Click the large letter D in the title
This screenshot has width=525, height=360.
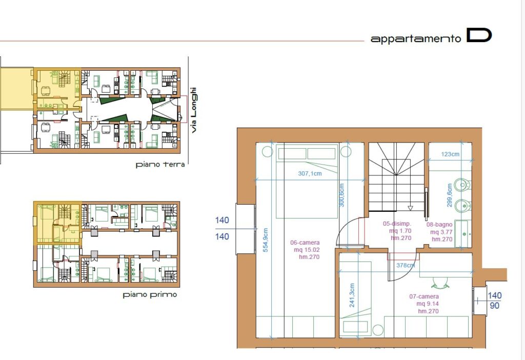[479, 35]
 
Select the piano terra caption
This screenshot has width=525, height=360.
[160, 165]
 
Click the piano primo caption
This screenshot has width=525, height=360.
[150, 295]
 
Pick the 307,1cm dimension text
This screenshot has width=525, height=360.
[310, 173]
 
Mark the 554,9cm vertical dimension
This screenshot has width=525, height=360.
[266, 240]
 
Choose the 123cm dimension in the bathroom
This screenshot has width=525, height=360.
[450, 154]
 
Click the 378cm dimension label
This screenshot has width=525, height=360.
[406, 265]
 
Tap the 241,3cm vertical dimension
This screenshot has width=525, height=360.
[352, 295]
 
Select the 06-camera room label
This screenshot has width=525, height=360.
[305, 243]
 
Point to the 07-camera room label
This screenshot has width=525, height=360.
[424, 296]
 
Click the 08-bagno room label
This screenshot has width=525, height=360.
[439, 225]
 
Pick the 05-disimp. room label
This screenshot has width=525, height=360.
[397, 224]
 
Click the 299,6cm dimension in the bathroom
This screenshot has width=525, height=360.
[449, 195]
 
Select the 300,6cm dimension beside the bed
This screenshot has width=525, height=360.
[341, 195]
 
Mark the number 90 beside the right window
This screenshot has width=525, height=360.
[495, 306]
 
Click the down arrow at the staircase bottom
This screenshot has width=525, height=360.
[411, 208]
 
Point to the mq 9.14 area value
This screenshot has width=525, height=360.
[428, 304]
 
